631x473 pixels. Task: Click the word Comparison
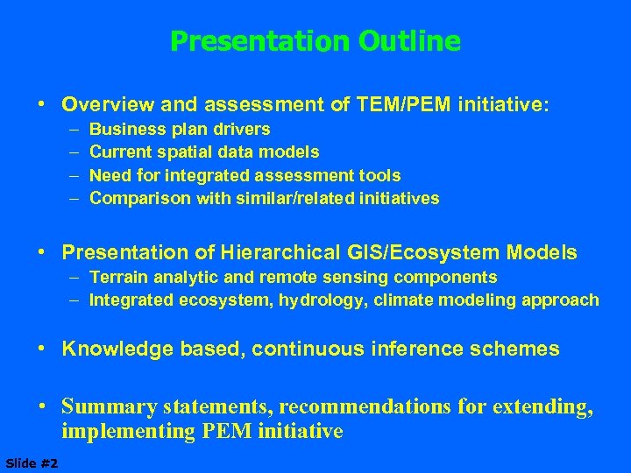click(139, 198)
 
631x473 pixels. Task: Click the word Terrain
click(117, 278)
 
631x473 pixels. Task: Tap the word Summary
click(107, 407)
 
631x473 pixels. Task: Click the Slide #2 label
click(32, 462)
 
